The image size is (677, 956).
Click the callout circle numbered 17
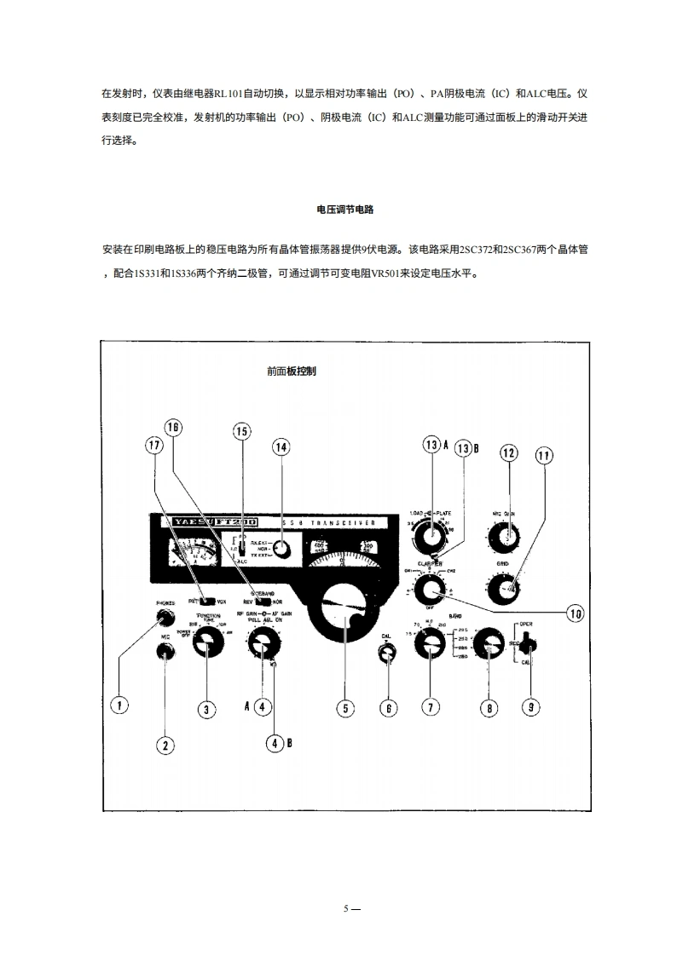tap(154, 446)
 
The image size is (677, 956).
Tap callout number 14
tap(281, 446)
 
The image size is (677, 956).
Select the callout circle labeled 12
tap(509, 453)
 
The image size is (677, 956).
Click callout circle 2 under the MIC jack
tap(165, 746)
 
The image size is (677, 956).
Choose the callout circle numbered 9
tap(529, 707)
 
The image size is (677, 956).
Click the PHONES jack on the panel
tap(165, 619)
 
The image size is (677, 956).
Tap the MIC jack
tap(165, 652)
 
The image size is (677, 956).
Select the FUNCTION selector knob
tap(205, 647)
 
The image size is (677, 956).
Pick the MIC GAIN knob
tap(508, 537)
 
